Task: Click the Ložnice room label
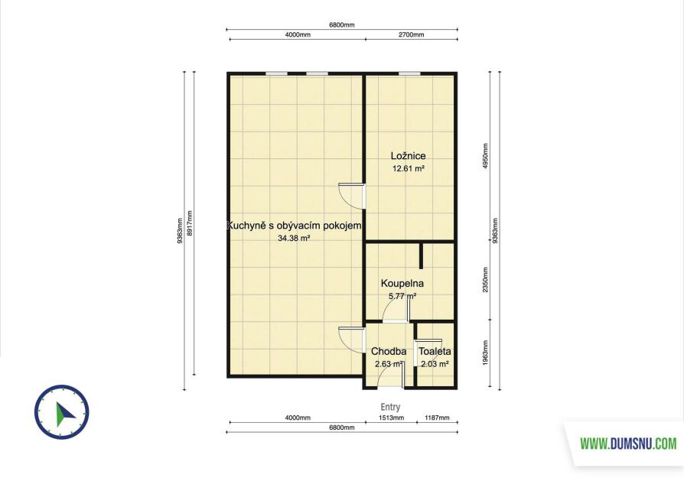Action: tap(408, 156)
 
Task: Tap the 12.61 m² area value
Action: tap(409, 168)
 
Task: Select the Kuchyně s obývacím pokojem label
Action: tap(294, 226)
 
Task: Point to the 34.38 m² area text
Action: tap(294, 238)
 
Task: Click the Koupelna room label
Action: tap(402, 283)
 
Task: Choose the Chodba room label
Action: tap(389, 351)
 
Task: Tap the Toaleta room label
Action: tap(435, 351)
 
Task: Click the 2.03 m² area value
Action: tap(435, 364)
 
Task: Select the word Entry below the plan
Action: tap(390, 407)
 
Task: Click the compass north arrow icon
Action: tap(63, 412)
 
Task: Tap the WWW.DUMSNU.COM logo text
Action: tap(628, 444)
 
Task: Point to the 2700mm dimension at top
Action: tap(411, 34)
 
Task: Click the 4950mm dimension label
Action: tap(486, 157)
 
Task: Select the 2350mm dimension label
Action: tap(486, 280)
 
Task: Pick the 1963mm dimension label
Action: tap(486, 353)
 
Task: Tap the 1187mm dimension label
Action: tap(437, 418)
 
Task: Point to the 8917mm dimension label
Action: tap(189, 223)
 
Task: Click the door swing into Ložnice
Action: tap(352, 197)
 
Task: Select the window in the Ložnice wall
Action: tap(410, 73)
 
